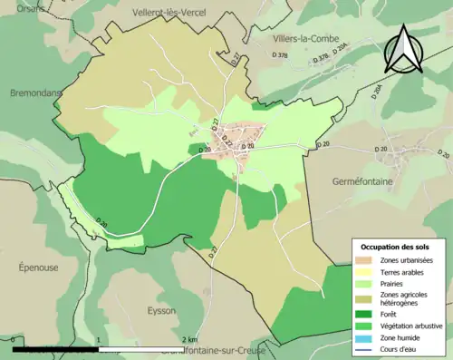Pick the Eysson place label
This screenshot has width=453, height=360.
pos(161,310)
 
